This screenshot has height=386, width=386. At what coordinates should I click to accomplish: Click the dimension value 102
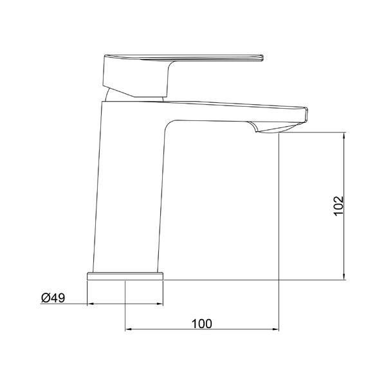[x=338, y=206]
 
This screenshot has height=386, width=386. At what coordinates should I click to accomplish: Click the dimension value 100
[x=201, y=324]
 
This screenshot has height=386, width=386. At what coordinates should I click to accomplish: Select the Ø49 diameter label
[x=53, y=298]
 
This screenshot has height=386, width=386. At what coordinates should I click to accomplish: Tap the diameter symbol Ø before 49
[x=46, y=298]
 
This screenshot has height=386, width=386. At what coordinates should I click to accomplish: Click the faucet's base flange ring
[x=125, y=276]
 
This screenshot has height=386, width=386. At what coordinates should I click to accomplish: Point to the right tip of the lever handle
[x=263, y=58]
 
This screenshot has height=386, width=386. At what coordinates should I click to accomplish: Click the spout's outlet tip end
[x=306, y=115]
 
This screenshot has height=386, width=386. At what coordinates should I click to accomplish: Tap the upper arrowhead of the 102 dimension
[x=344, y=135]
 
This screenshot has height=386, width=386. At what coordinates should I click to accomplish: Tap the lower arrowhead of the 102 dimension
[x=344, y=277]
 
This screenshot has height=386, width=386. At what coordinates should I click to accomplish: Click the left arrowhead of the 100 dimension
[x=129, y=329]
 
